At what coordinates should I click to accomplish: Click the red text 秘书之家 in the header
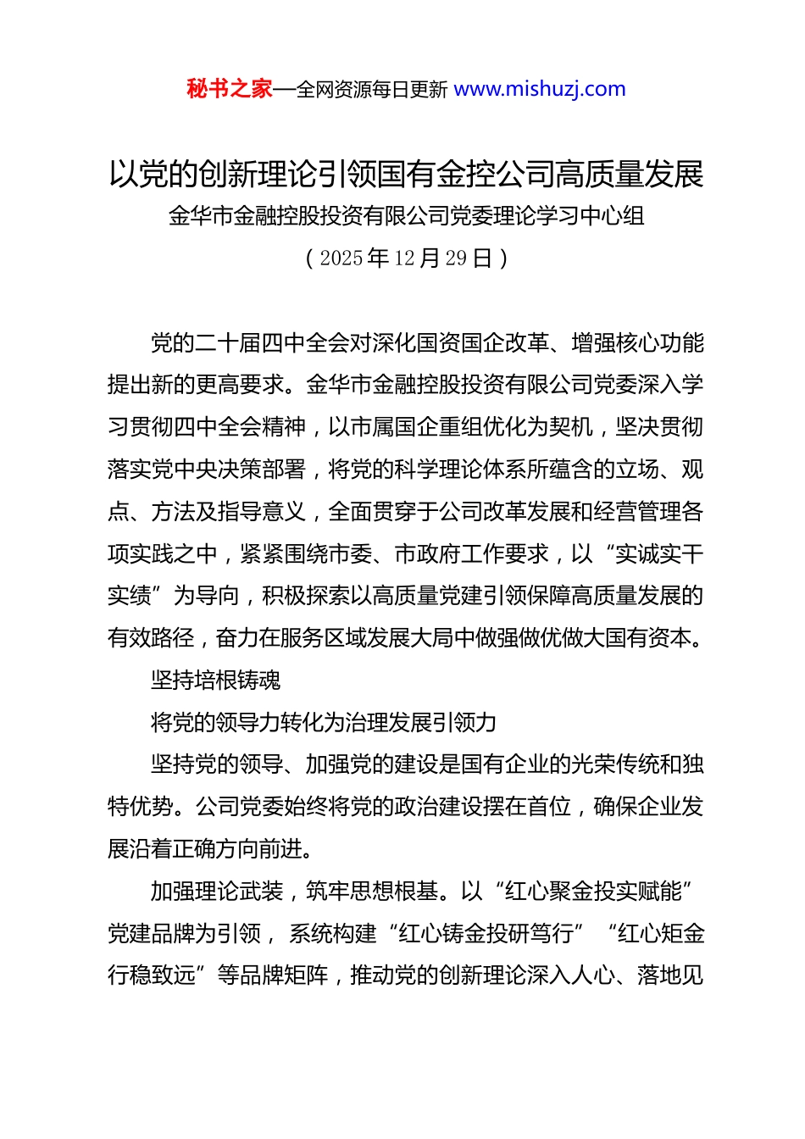(x=230, y=89)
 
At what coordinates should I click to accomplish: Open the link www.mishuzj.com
(x=540, y=89)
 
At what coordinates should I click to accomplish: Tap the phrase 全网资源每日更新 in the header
(x=372, y=90)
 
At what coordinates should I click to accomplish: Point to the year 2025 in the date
(x=341, y=258)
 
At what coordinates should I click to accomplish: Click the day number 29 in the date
(x=456, y=258)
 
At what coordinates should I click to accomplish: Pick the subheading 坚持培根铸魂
(x=215, y=681)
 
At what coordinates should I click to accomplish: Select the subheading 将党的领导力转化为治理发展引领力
(x=324, y=723)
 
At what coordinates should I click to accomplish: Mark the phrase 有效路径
(x=151, y=638)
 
